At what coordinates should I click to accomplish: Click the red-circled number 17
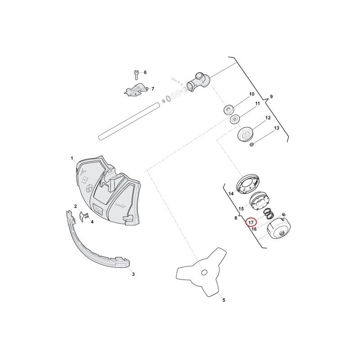[x=251, y=222]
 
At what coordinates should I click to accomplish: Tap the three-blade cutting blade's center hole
[x=204, y=272]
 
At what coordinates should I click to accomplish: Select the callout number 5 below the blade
[x=224, y=300]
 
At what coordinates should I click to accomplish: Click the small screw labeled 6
[x=136, y=75]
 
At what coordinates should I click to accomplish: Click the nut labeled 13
[x=252, y=144]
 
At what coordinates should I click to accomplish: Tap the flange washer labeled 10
[x=229, y=110]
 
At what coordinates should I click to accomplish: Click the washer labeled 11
[x=235, y=119]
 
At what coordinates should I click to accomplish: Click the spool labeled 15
[x=258, y=201]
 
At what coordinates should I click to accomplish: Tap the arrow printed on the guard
[x=121, y=205]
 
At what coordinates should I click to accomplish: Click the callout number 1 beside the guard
[x=72, y=158]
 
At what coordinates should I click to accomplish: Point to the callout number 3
[x=133, y=274]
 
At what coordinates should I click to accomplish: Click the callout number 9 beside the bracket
[x=271, y=96]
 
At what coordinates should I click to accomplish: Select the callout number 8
[x=236, y=218]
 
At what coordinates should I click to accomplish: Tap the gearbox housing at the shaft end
[x=198, y=82]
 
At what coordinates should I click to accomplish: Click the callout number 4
[x=92, y=222]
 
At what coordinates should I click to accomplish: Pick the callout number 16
[x=254, y=229]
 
